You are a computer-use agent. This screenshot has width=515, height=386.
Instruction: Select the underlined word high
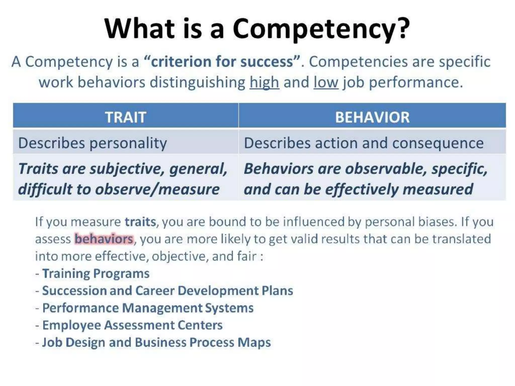click(264, 82)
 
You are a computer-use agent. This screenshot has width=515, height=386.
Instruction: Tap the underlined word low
click(326, 82)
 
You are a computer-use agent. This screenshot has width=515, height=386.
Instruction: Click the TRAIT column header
click(125, 117)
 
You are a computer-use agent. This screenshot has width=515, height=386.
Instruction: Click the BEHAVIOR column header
click(372, 117)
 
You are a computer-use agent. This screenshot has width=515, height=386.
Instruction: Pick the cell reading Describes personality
click(93, 143)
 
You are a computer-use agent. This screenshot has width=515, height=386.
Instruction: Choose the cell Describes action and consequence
click(364, 143)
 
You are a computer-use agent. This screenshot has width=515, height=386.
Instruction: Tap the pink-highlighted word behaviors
click(104, 239)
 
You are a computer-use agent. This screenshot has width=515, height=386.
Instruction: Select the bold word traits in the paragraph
click(140, 222)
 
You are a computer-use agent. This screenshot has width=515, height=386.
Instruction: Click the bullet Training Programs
click(96, 273)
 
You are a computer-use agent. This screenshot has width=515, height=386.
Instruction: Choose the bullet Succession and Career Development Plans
click(167, 291)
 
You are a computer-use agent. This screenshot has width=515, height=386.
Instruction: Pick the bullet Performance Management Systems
click(148, 308)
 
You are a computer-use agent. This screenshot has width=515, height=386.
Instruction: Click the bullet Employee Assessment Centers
click(132, 325)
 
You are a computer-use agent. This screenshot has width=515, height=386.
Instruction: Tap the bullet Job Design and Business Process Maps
click(156, 342)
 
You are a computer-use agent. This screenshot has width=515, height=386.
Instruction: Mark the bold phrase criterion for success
click(222, 62)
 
